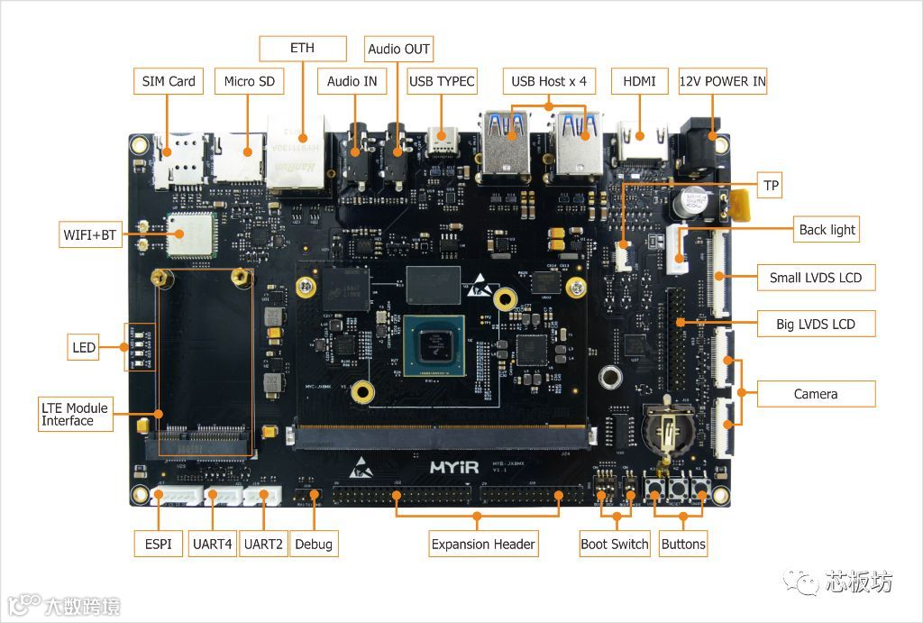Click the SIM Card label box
tap(169, 81)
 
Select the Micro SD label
tap(249, 81)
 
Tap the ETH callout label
tap(302, 48)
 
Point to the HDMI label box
tap(639, 81)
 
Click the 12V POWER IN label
tap(722, 81)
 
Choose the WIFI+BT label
tap(90, 235)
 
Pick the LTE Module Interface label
tap(74, 414)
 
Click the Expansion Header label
tap(483, 544)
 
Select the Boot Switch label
tap(614, 544)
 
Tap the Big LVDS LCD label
tap(815, 324)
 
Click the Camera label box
tap(815, 394)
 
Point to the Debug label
tap(313, 544)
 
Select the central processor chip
tap(434, 345)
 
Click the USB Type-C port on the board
tap(443, 142)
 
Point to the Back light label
tap(827, 230)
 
